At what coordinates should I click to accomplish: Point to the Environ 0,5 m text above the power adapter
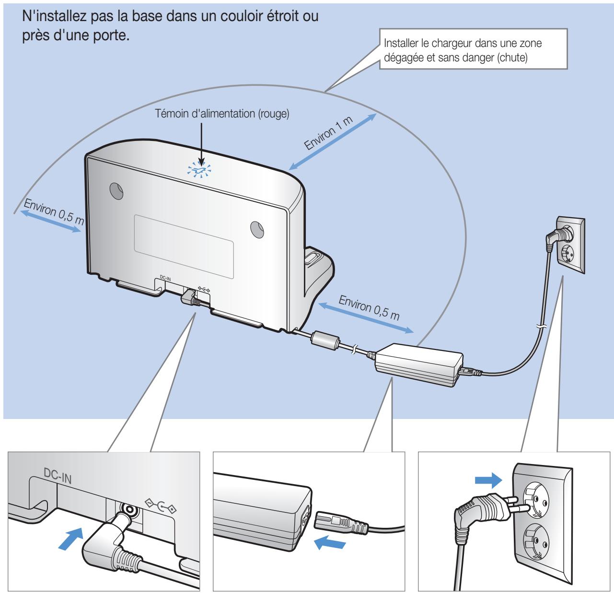[369, 308]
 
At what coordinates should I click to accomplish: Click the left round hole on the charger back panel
[115, 190]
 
